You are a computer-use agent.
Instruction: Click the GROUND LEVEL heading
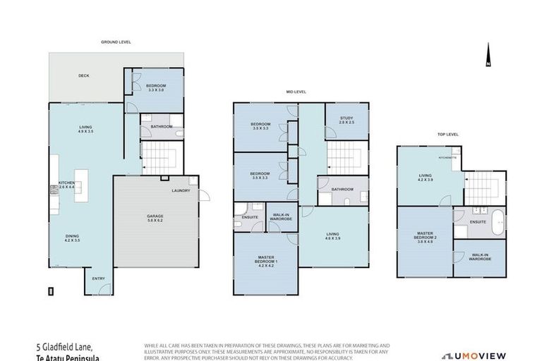tap(116, 42)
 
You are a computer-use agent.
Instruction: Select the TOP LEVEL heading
tap(448, 134)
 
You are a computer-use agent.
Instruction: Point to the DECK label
tap(84, 75)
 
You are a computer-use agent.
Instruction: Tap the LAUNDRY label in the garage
tap(180, 191)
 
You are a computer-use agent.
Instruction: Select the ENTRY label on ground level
tap(98, 279)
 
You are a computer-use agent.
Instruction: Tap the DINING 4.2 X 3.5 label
tap(73, 239)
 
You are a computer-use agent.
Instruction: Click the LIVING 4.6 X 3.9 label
tap(333, 236)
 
